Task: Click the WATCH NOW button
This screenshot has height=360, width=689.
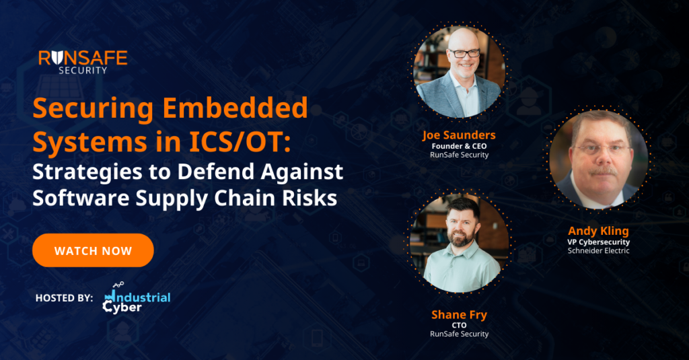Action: click(x=93, y=250)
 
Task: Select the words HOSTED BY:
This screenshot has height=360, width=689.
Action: click(x=64, y=297)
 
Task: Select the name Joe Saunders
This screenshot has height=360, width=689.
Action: click(x=459, y=135)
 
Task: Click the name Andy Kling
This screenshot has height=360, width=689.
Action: click(x=598, y=231)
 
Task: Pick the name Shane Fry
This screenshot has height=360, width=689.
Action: click(x=459, y=314)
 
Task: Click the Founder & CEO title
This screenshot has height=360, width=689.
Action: click(x=459, y=145)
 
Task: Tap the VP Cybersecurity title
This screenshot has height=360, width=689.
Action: click(x=598, y=242)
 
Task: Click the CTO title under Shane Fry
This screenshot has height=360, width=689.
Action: click(x=459, y=324)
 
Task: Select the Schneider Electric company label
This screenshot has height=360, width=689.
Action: click(x=598, y=251)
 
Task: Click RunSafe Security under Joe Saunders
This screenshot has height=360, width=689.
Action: click(x=459, y=154)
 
